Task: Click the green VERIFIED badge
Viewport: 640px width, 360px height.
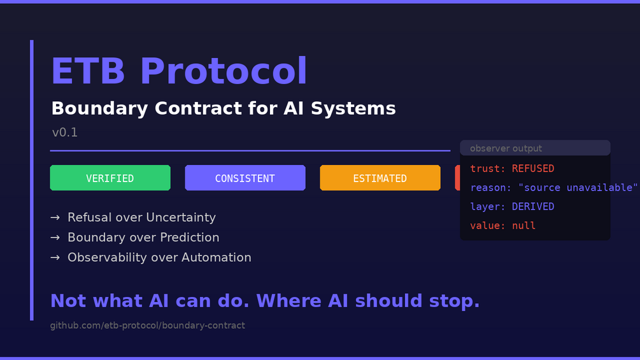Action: pos(110,178)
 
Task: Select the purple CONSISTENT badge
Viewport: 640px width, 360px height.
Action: pos(245,178)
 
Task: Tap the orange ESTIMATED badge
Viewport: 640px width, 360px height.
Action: pos(380,178)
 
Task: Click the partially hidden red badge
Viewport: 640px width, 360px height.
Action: pos(457,178)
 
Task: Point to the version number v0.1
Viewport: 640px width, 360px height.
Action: pos(65,133)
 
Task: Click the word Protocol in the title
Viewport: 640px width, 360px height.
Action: pos(224,71)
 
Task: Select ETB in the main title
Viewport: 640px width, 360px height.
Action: pos(88,71)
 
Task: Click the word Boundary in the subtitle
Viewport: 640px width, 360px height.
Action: pos(99,108)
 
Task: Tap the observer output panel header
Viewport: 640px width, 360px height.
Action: pos(535,148)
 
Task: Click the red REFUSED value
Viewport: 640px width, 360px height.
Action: pos(533,169)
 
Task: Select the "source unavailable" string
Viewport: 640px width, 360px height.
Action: pos(578,188)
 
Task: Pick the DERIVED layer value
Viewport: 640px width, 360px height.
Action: pos(533,206)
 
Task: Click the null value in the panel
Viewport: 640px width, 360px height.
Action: pos(523,226)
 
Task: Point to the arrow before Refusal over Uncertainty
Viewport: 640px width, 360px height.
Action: pos(55,217)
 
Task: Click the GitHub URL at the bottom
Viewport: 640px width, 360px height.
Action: pos(147,326)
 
